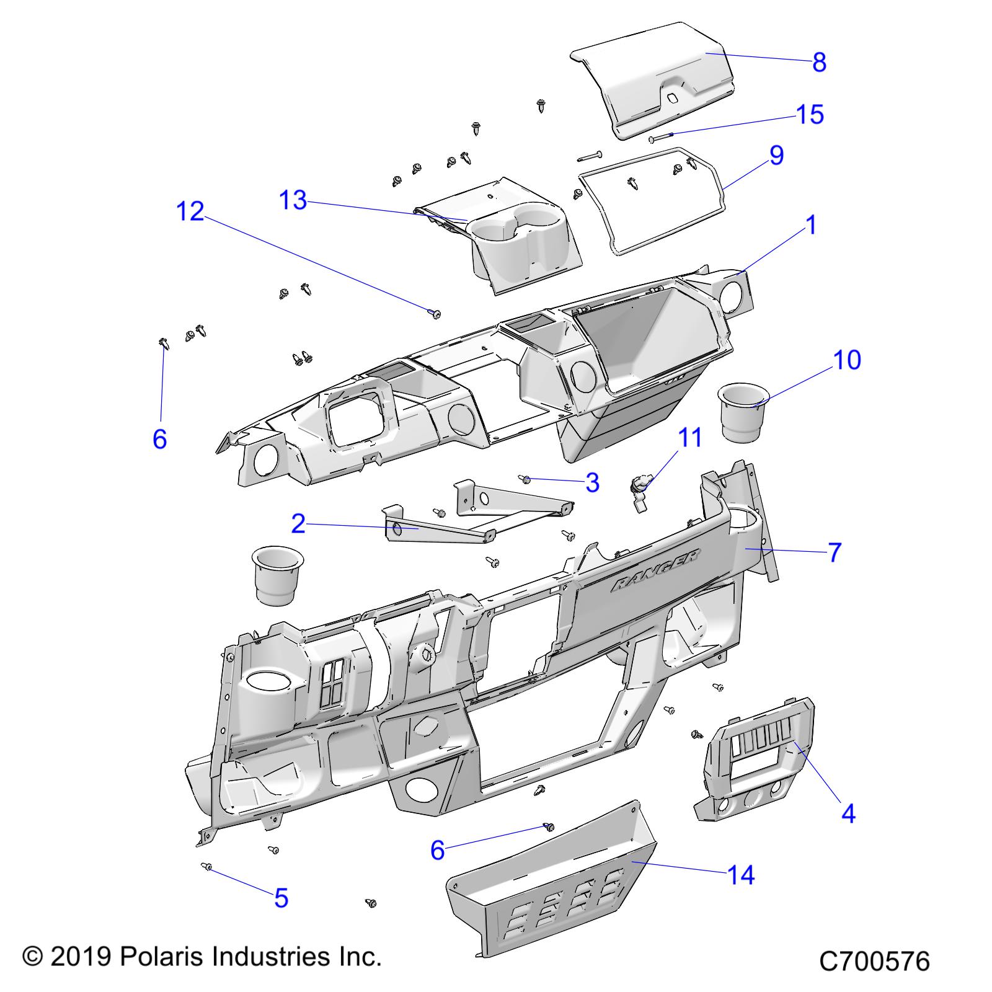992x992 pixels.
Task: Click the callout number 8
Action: pyautogui.click(x=819, y=63)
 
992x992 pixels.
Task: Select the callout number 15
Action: pyautogui.click(x=810, y=115)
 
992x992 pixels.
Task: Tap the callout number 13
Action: pyautogui.click(x=293, y=200)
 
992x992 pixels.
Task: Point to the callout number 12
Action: pyautogui.click(x=190, y=211)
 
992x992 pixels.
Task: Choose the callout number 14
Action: pyautogui.click(x=741, y=875)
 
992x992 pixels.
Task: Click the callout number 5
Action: pyautogui.click(x=281, y=898)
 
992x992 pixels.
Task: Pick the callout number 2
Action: pyautogui.click(x=298, y=525)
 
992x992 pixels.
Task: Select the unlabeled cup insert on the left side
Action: pyautogui.click(x=276, y=575)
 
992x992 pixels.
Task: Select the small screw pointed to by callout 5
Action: pyautogui.click(x=207, y=867)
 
